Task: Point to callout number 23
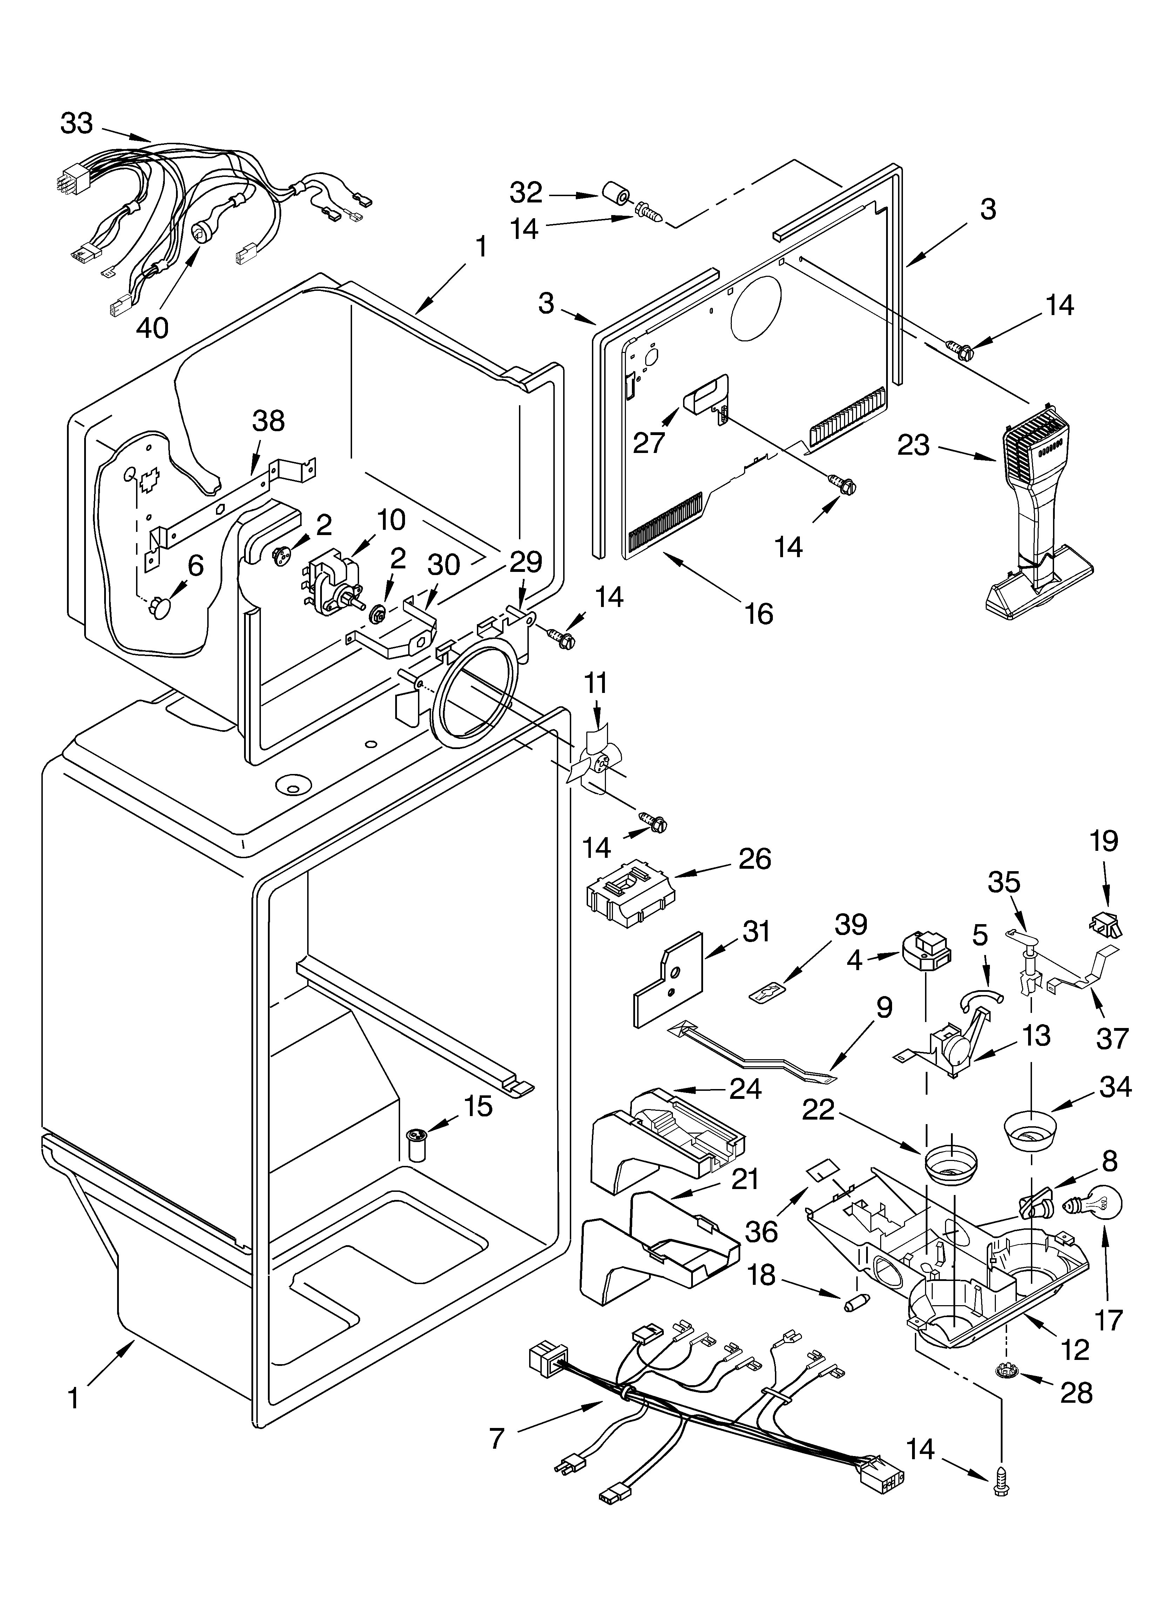point(913,446)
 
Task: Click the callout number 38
point(268,421)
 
